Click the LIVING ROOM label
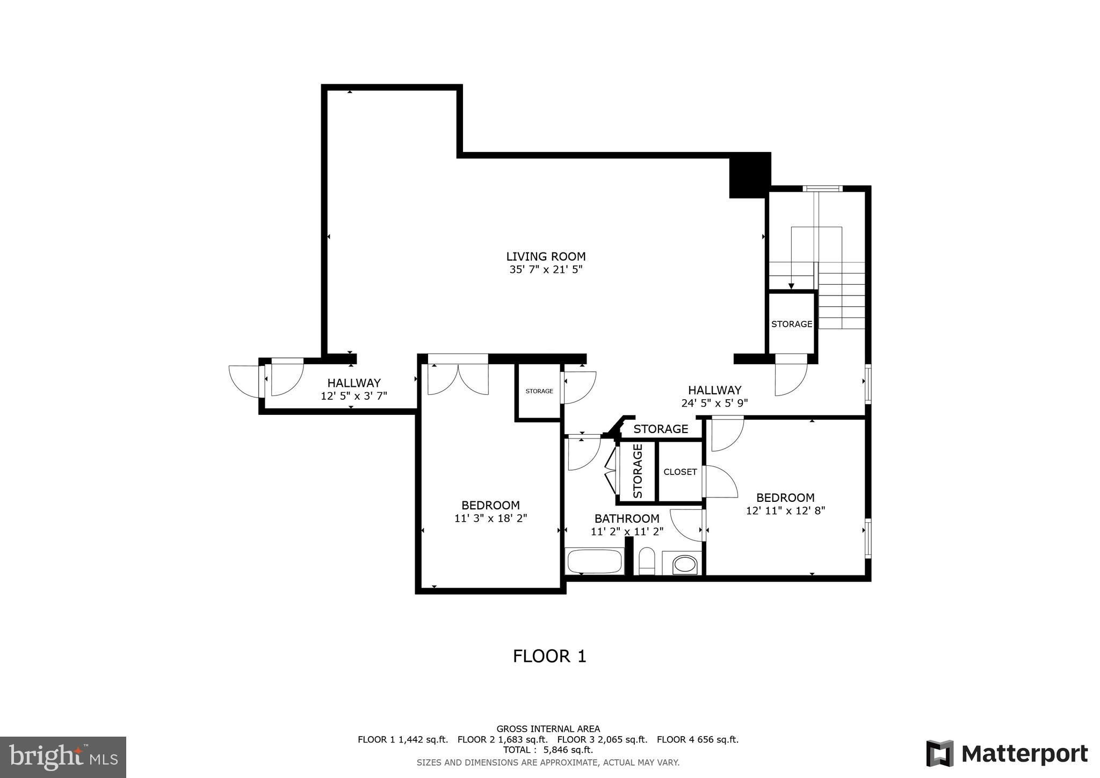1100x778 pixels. coord(546,256)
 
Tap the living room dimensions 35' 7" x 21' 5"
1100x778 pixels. coord(546,270)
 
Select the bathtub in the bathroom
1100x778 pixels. coord(594,561)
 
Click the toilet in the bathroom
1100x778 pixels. coord(647,561)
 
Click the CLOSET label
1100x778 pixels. coord(680,472)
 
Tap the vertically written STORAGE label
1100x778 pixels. coord(638,471)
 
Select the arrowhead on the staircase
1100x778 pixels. coord(791,286)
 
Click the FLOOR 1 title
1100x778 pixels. coord(549,656)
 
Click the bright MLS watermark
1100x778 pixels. coord(63,757)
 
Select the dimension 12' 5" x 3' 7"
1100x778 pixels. coord(354,396)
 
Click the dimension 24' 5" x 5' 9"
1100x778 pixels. coord(715,403)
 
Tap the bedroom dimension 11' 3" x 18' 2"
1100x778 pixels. coord(490,518)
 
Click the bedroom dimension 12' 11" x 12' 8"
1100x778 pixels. coord(785,510)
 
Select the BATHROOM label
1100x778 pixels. coord(627,518)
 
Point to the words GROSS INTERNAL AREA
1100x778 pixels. coord(548,729)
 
